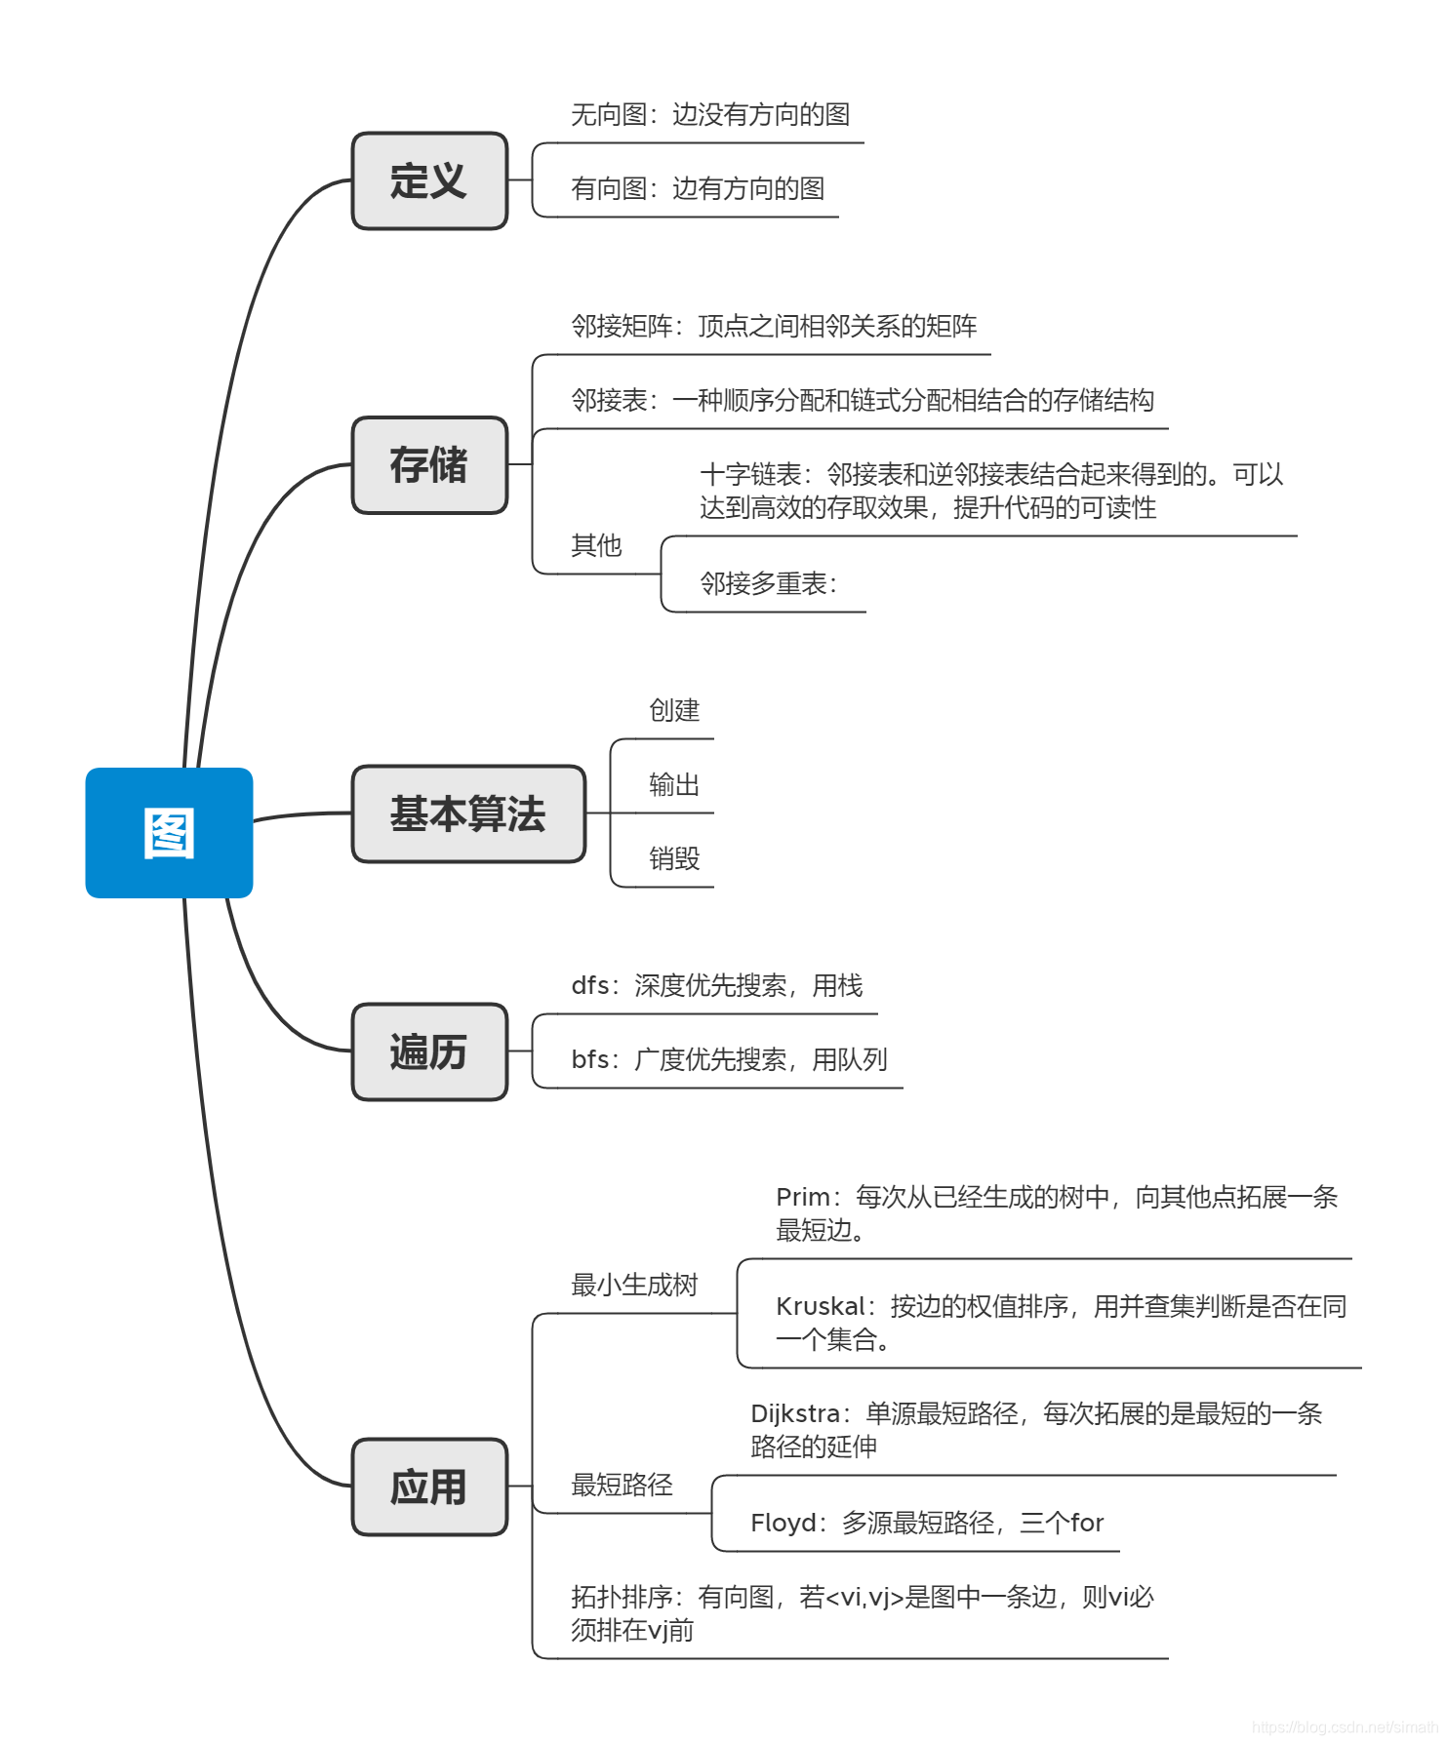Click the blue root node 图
coord(169,833)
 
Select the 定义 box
coord(429,181)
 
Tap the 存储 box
coord(429,465)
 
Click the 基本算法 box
coord(468,813)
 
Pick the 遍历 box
coord(429,1052)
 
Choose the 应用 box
coord(429,1487)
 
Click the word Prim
coord(802,1198)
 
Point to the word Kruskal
coord(820,1307)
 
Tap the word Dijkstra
coord(795,1414)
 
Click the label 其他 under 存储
coord(596,545)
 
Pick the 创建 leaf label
coord(674,710)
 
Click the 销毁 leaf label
coord(674,858)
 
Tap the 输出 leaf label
coord(674,784)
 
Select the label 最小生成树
coord(634,1285)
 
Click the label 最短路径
coord(622,1485)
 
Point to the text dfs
coord(590,986)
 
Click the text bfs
coord(590,1060)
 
